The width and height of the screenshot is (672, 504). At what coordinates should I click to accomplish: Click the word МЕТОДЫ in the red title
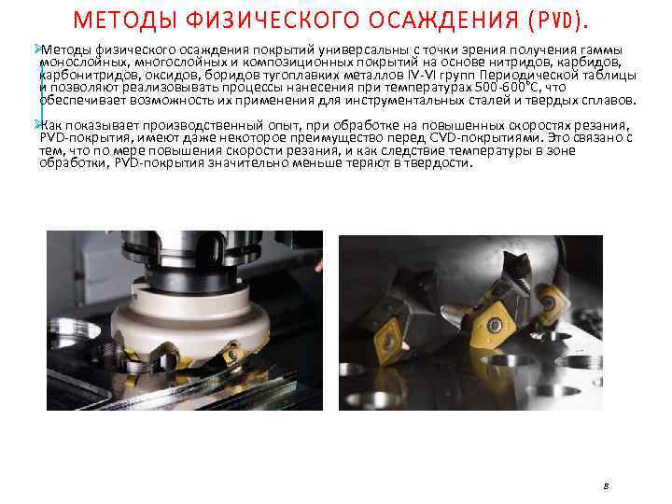point(125,20)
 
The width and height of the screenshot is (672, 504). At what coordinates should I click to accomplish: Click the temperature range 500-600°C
point(509,88)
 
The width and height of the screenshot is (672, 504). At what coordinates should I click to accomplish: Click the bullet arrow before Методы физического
point(37,49)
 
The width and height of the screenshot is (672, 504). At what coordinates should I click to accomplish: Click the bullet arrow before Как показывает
point(37,125)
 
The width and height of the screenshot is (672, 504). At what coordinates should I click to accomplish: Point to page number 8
point(606,486)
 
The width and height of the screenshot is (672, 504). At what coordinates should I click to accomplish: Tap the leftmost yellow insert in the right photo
point(388,342)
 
